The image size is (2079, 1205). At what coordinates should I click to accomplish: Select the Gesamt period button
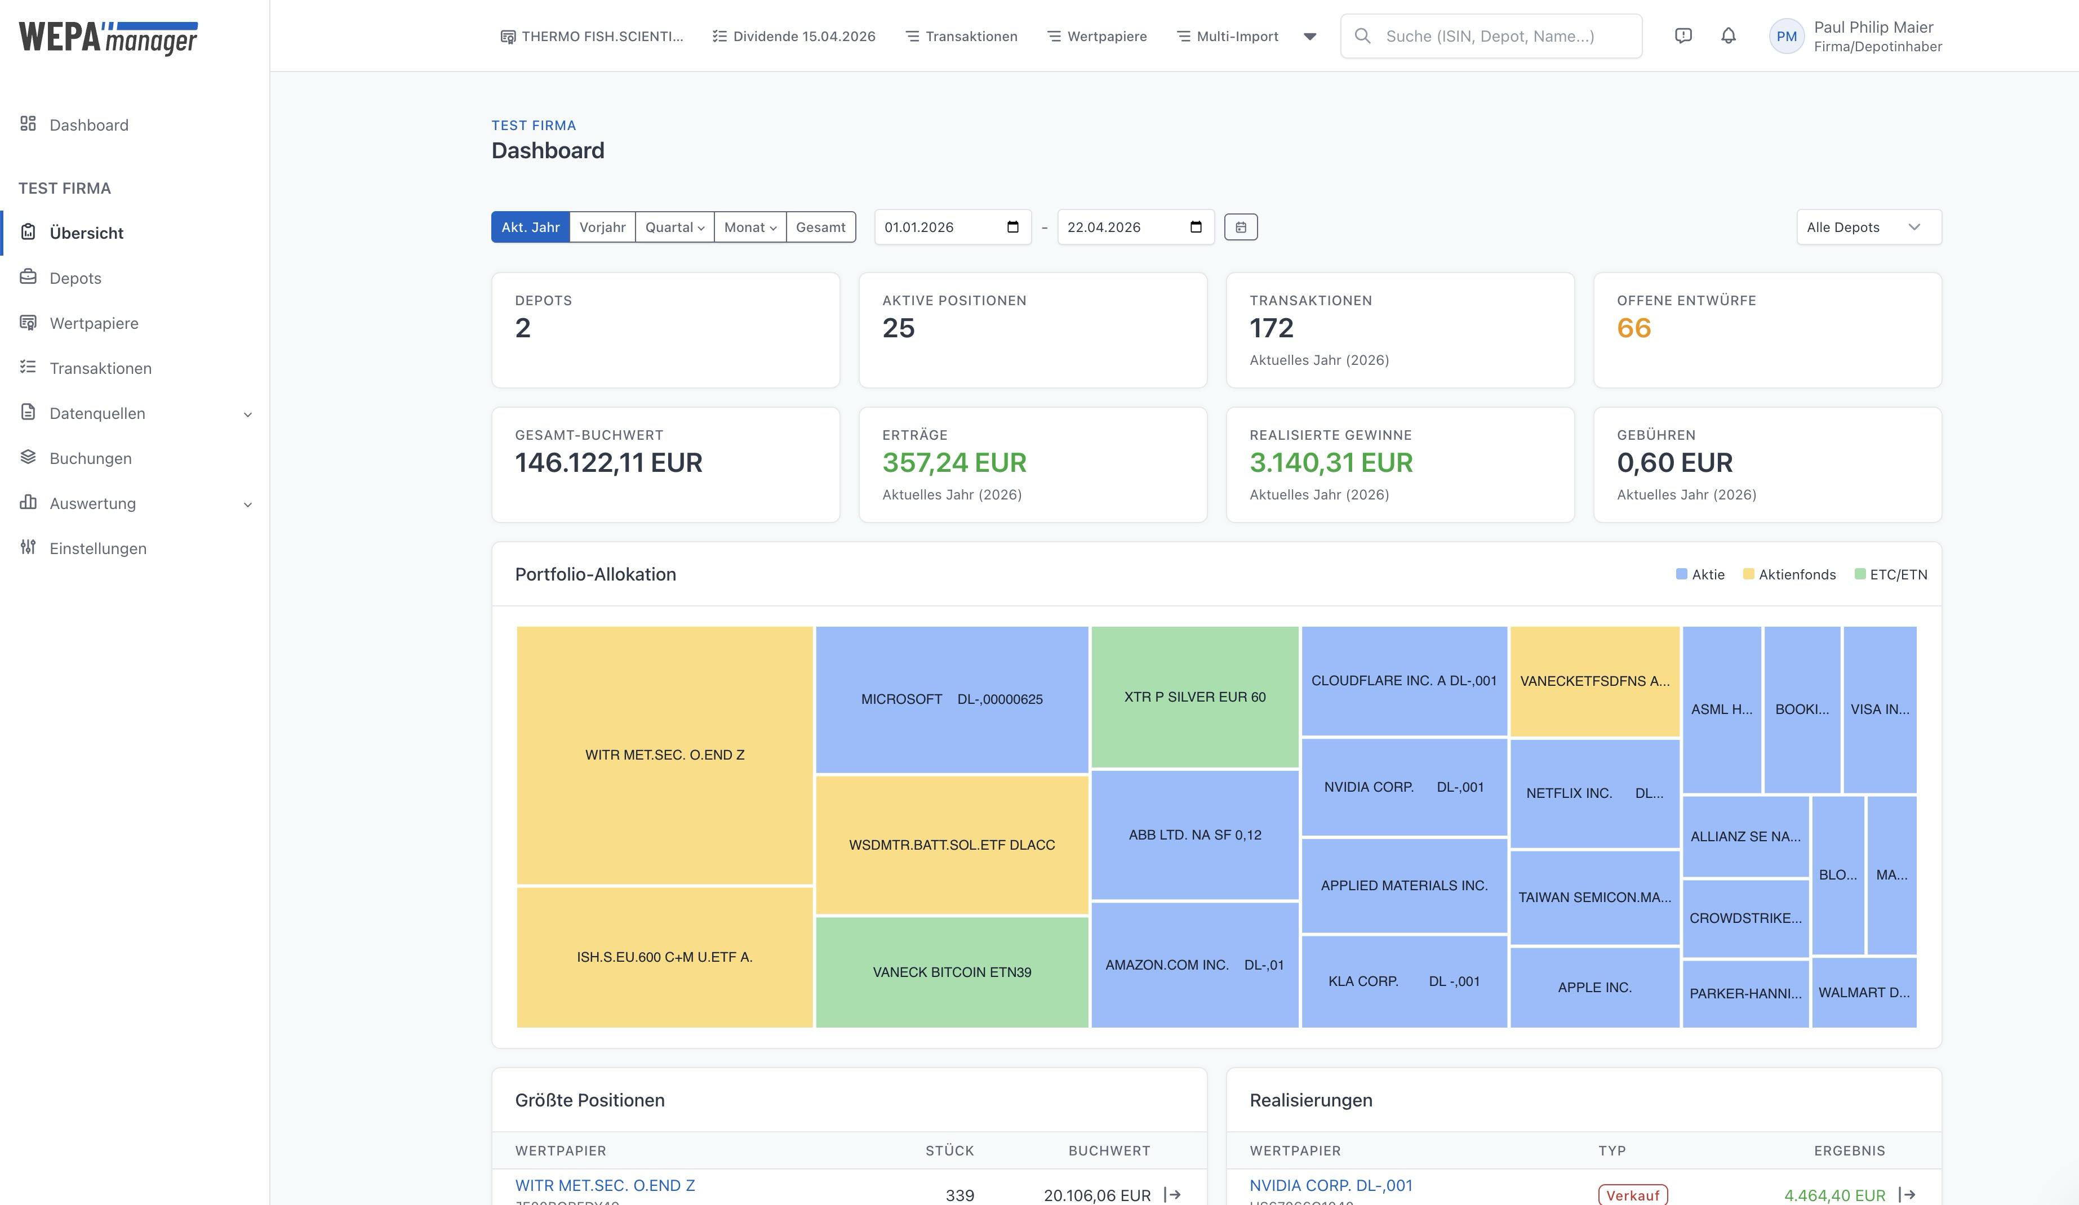(x=820, y=227)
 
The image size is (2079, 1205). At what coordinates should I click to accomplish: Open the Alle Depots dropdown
(x=1868, y=227)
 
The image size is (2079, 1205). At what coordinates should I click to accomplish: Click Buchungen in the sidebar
(x=90, y=458)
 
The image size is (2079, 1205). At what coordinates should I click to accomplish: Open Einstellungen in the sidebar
(x=97, y=548)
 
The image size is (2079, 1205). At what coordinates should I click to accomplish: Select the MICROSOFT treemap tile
(x=951, y=699)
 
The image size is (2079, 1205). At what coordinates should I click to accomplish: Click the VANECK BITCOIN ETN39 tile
(x=951, y=971)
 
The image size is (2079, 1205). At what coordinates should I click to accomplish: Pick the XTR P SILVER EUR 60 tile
(x=1194, y=697)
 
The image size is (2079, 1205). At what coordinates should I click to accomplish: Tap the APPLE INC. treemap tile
(x=1594, y=987)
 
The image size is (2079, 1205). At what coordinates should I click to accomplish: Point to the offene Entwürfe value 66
(x=1633, y=328)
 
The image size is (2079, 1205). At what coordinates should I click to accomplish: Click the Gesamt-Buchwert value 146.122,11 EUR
(x=608, y=463)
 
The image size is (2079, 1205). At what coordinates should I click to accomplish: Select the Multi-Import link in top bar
(x=1236, y=36)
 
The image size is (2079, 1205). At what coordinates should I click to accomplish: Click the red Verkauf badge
(x=1632, y=1195)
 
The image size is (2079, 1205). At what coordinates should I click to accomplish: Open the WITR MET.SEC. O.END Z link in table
(x=605, y=1185)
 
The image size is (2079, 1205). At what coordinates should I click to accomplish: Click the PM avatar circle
(x=1786, y=36)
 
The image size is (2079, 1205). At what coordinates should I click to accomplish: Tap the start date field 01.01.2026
(x=940, y=227)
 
